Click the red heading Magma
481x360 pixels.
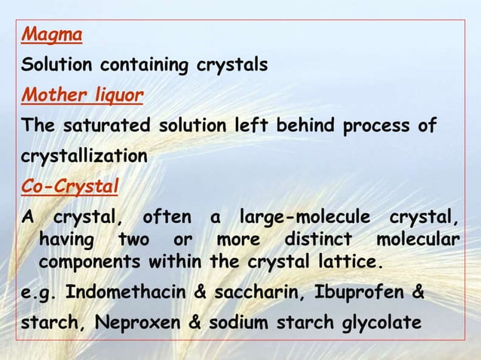[x=51, y=35]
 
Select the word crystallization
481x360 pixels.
[x=84, y=157]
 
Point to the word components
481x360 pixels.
[x=83, y=263]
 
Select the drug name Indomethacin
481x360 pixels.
[x=119, y=292]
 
